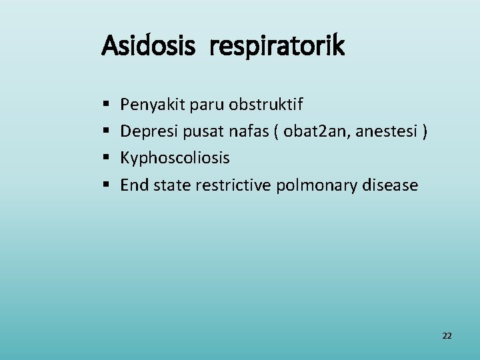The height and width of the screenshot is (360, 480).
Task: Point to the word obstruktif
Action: coord(265,105)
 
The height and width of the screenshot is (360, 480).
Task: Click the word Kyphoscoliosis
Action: coord(175,159)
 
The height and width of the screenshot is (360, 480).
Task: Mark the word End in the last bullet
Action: coord(135,185)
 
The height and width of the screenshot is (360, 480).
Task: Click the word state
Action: coord(172,185)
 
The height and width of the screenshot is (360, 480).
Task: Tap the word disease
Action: coord(389,185)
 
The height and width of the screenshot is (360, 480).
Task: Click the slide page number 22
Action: coord(447,336)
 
